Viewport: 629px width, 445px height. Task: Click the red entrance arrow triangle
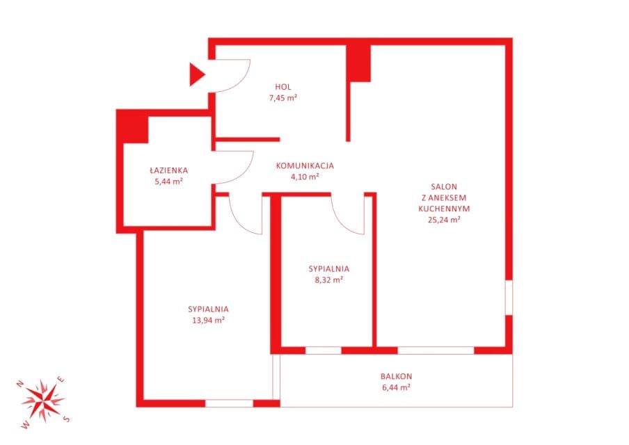(x=196, y=74)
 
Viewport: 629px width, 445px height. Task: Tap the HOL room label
(x=283, y=87)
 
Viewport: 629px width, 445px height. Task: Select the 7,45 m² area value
(x=283, y=98)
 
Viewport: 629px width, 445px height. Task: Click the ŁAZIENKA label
(x=169, y=170)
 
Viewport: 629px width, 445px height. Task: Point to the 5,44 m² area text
(x=169, y=181)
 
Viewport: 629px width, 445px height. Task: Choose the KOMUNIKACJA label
(x=305, y=165)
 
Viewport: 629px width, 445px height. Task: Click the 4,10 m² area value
(x=305, y=177)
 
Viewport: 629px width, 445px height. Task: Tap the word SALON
(x=444, y=187)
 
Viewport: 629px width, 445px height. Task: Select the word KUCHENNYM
(x=444, y=209)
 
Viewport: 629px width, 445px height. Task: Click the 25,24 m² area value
(x=444, y=220)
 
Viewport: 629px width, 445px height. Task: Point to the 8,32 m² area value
(x=329, y=280)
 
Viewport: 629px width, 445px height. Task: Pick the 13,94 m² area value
(x=208, y=321)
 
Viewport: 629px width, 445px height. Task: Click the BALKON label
(x=397, y=376)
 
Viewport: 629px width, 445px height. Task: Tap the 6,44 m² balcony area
(x=397, y=388)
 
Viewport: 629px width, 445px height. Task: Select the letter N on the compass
(x=19, y=384)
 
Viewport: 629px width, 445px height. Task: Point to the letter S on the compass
(x=67, y=419)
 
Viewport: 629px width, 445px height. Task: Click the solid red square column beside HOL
(x=358, y=63)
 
